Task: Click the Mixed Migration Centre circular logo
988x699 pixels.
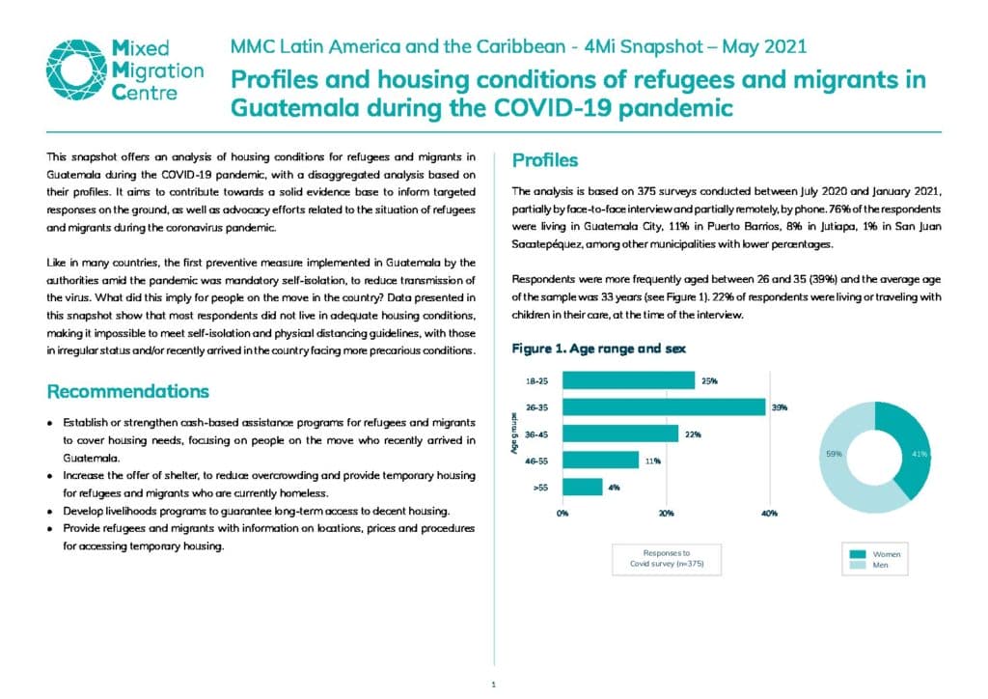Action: pyautogui.click(x=75, y=70)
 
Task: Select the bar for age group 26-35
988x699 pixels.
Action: pyautogui.click(x=664, y=407)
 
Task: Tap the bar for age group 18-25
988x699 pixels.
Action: pyautogui.click(x=628, y=380)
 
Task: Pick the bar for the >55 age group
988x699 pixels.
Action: pyautogui.click(x=582, y=488)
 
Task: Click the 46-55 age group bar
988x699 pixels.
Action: pyautogui.click(x=600, y=461)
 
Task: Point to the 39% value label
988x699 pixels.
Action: pyautogui.click(x=780, y=407)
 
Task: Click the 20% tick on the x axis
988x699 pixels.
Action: pyautogui.click(x=666, y=514)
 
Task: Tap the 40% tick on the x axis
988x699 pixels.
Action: pyautogui.click(x=769, y=514)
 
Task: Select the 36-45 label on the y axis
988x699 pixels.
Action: pyautogui.click(x=536, y=434)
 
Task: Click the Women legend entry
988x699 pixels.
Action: pyautogui.click(x=874, y=554)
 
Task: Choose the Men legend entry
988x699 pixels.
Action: pyautogui.click(x=869, y=565)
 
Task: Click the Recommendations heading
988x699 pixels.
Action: pyautogui.click(x=128, y=391)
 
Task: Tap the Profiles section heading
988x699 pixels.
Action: pyautogui.click(x=545, y=160)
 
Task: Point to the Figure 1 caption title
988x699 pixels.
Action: pyautogui.click(x=598, y=349)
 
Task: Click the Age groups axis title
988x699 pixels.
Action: pyautogui.click(x=515, y=433)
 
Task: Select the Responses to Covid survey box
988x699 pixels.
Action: pyautogui.click(x=667, y=559)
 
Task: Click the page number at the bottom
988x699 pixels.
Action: pyautogui.click(x=493, y=685)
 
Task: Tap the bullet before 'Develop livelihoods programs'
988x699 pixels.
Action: pyautogui.click(x=50, y=511)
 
